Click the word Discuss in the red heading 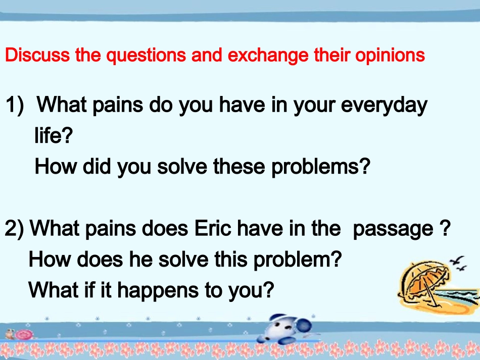pyautogui.click(x=37, y=55)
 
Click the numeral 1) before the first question pyautogui.click(x=15, y=106)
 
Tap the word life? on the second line pyautogui.click(x=54, y=135)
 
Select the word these pyautogui.click(x=239, y=167)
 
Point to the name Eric pyautogui.click(x=213, y=229)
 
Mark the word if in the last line pyautogui.click(x=90, y=289)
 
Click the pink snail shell pyautogui.click(x=23, y=335)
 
